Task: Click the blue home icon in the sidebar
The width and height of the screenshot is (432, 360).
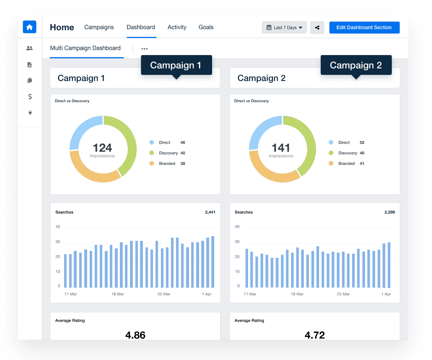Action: [x=30, y=27]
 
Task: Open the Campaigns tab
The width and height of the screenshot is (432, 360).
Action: [x=99, y=27]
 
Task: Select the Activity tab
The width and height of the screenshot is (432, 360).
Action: [x=177, y=27]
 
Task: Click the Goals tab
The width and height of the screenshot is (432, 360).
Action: [x=206, y=27]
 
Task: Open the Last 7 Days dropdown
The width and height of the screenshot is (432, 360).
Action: [x=284, y=28]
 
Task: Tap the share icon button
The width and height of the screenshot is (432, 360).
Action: [x=317, y=28]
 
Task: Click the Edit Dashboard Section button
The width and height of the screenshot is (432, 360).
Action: [x=364, y=28]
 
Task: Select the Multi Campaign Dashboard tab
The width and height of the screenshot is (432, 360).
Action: [x=85, y=48]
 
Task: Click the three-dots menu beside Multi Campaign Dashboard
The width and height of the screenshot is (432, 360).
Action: [x=144, y=49]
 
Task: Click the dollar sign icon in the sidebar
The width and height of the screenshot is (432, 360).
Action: [x=30, y=96]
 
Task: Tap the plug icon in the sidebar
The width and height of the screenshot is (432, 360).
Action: [x=30, y=113]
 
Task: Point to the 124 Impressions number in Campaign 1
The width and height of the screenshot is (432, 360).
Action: [x=102, y=148]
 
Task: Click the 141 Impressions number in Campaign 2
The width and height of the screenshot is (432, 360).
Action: [x=281, y=148]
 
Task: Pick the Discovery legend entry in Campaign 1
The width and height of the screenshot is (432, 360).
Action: [x=168, y=153]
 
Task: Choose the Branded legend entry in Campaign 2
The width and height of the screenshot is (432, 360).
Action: [x=346, y=163]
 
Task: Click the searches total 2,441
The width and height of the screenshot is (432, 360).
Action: [x=210, y=212]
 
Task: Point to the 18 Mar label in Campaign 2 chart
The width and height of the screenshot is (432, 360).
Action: [x=297, y=294]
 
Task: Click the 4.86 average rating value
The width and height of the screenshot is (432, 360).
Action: [x=135, y=335]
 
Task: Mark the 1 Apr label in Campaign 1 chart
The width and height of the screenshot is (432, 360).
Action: [x=206, y=294]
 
